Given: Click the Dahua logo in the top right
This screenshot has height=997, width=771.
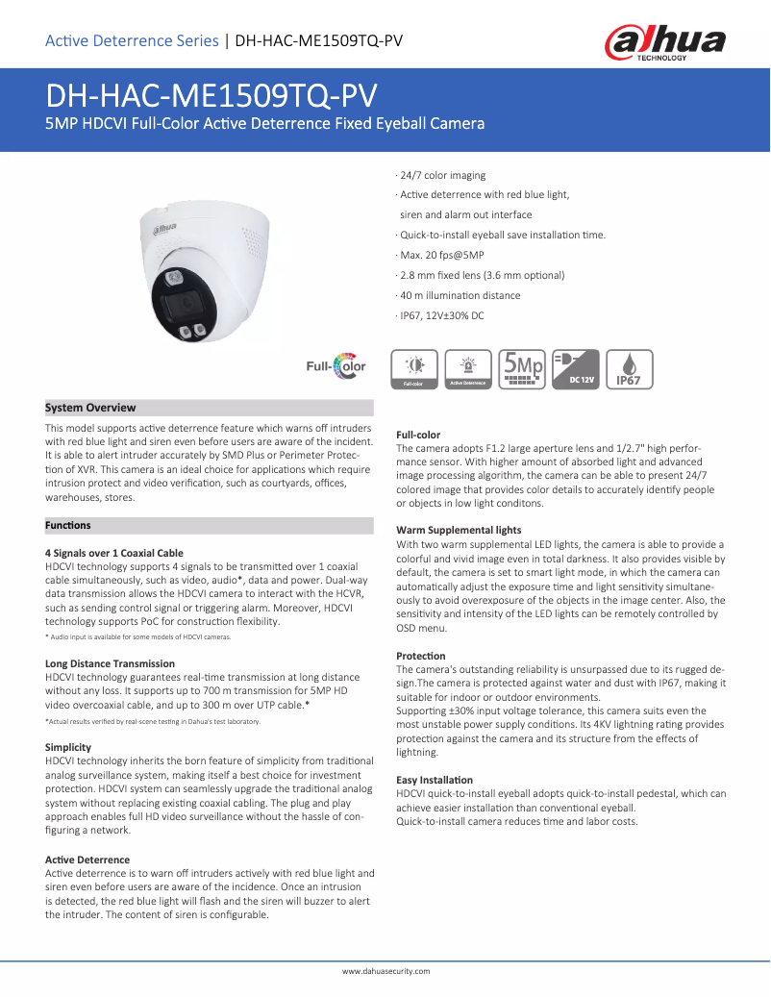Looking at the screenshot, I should (664, 42).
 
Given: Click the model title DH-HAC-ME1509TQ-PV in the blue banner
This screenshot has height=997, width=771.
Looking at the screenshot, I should (211, 96).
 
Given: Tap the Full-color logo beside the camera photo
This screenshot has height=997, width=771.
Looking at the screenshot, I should (336, 366).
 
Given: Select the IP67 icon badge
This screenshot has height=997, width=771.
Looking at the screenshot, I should (628, 369).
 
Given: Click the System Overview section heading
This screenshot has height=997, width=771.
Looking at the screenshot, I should (90, 408).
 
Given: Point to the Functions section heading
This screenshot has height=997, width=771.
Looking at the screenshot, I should (68, 525).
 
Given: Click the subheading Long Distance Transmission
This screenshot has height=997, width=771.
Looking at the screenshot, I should (110, 663).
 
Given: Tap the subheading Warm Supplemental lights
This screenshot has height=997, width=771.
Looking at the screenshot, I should (459, 530).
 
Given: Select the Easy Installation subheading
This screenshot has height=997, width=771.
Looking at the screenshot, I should (435, 779).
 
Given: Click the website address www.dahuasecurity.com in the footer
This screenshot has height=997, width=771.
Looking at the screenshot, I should (386, 971).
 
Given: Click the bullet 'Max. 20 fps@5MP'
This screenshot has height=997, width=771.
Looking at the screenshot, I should (441, 255).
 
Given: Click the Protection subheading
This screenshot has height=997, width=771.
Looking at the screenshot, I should (421, 655).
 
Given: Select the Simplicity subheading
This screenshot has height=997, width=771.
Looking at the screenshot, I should (68, 747).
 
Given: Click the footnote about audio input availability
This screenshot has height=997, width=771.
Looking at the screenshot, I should (138, 637).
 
